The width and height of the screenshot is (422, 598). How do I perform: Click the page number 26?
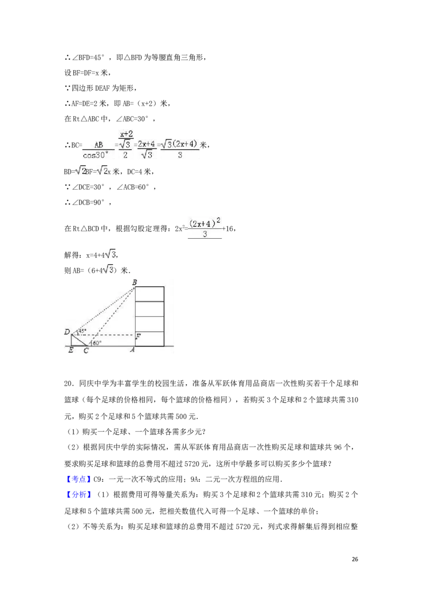click(x=354, y=559)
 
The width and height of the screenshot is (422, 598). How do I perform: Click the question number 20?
click(x=69, y=384)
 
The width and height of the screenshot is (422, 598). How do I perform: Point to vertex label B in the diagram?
click(x=135, y=283)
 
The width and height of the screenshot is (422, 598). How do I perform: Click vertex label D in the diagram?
click(x=67, y=332)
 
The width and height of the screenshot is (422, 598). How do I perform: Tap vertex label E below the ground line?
click(x=71, y=350)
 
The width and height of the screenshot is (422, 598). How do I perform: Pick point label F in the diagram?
click(x=138, y=337)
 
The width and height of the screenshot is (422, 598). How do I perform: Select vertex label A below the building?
click(x=132, y=350)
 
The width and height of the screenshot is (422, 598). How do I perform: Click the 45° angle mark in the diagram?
click(x=82, y=330)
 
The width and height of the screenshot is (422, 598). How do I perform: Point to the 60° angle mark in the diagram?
click(x=97, y=342)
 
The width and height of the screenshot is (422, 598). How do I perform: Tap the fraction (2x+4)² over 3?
click(x=205, y=228)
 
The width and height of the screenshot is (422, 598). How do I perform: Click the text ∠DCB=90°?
click(x=88, y=202)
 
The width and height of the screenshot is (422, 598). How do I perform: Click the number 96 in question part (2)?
click(x=338, y=447)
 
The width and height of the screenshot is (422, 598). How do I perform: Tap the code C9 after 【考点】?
click(x=98, y=479)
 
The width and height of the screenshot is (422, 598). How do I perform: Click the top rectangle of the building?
click(x=150, y=294)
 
